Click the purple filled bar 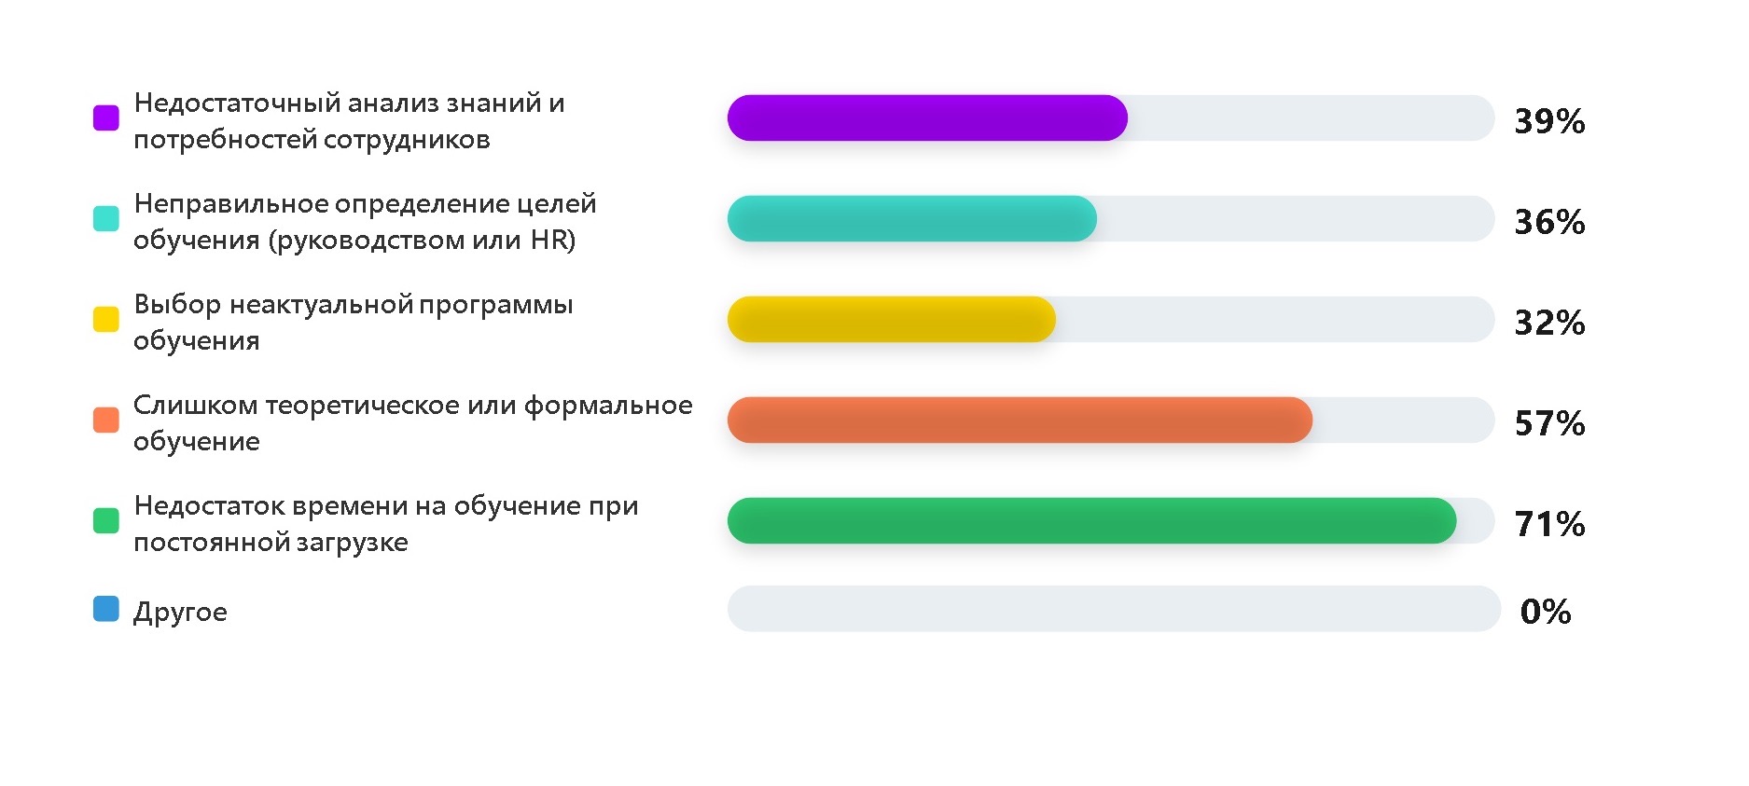[927, 118]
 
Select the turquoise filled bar [912, 219]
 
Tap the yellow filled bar [892, 320]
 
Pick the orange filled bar [1020, 421]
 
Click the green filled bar [1091, 521]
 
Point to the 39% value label [1549, 121]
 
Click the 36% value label [1549, 222]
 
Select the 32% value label [1549, 323]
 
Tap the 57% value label [1549, 423]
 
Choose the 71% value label [1549, 524]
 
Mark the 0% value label [1546, 612]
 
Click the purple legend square [106, 118]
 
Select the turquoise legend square [106, 219]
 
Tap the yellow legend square [106, 320]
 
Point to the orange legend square [106, 421]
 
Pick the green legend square [106, 521]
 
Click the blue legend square [106, 609]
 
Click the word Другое [180, 613]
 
